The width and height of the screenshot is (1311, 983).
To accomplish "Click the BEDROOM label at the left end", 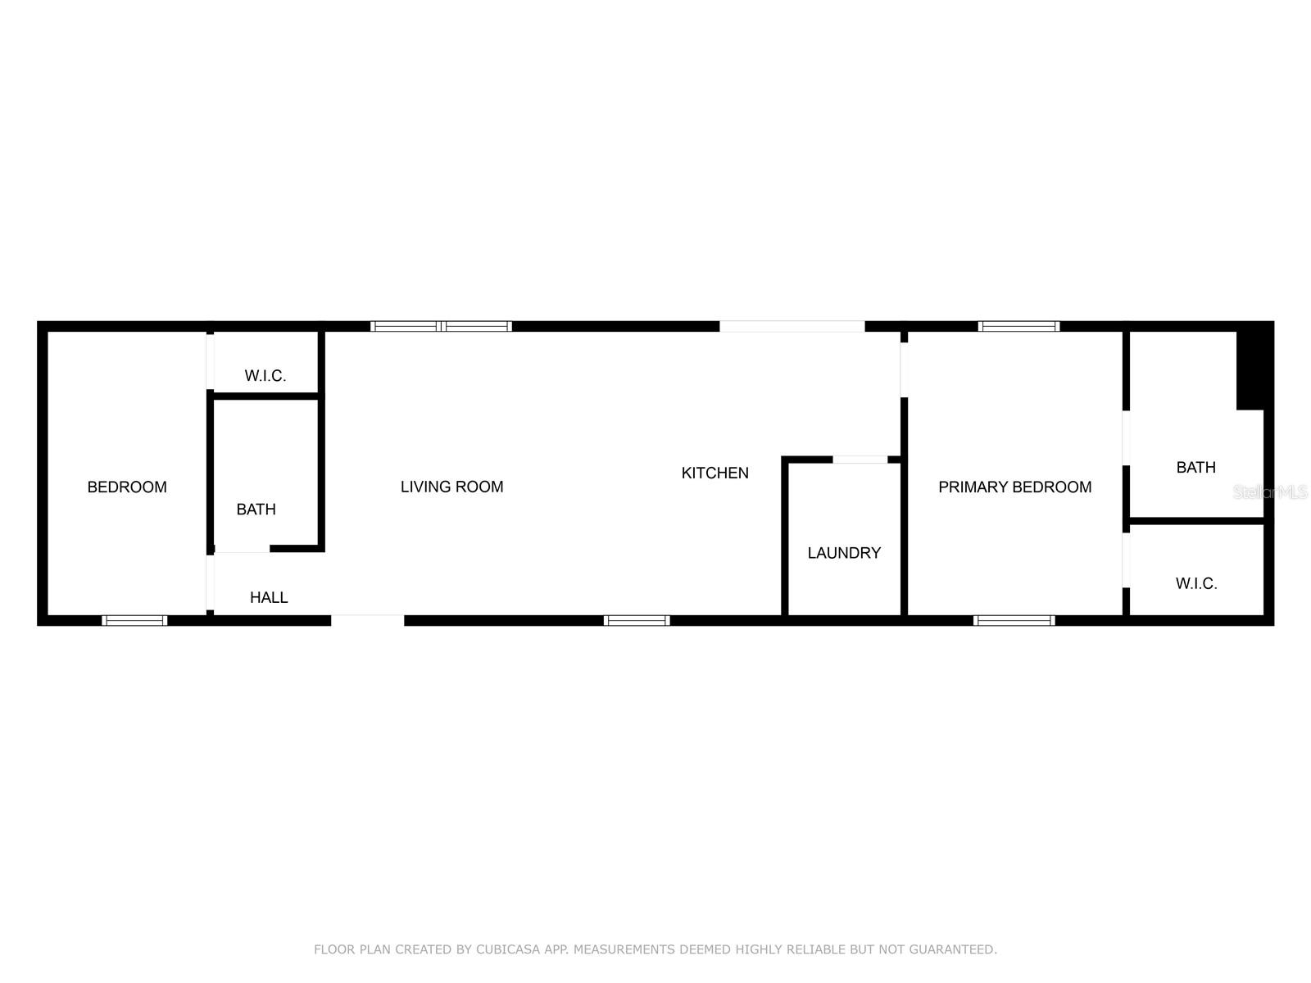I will coord(127,487).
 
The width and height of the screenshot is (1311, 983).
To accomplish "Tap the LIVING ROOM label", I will coord(451,487).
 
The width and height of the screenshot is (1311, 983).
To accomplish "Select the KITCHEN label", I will coord(714,473).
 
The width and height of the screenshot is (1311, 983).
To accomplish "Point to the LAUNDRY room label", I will coord(844,553).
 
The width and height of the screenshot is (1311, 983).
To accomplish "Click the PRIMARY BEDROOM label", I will coord(1014,487).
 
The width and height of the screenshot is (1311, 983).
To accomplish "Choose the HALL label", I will coord(269,597).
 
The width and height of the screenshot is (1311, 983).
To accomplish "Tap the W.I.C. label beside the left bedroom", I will coord(265,376).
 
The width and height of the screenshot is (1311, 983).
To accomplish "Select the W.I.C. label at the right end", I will coord(1196,583).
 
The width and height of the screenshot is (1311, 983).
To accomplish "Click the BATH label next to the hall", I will coord(256,510).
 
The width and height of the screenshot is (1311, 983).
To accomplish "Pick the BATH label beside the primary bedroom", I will coord(1195,468).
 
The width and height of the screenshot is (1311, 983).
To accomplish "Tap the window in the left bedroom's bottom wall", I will coord(134,620).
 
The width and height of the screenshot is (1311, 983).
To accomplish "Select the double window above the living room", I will coord(442,326).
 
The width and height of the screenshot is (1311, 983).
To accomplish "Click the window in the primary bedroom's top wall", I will coord(1018,326).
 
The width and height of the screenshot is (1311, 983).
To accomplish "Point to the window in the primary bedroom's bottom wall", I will coord(1014,620).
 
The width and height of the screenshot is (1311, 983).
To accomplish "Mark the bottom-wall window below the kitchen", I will coord(637,620).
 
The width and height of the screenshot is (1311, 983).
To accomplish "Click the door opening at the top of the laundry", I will coord(860,460).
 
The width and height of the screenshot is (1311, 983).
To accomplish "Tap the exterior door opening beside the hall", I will coord(368,620).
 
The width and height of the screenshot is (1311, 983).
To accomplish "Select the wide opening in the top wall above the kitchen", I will coord(792,326).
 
